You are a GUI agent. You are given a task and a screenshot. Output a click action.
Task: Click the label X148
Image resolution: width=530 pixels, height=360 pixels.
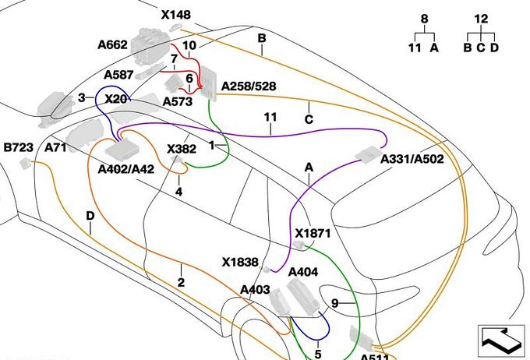[x=175, y=15]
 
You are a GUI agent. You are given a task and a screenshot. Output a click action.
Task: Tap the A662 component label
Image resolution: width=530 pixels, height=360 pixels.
[x=112, y=45]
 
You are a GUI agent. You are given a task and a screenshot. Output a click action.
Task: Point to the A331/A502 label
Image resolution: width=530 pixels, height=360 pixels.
[x=412, y=159]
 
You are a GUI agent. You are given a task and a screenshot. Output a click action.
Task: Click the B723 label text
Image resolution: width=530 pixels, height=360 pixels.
[x=19, y=147]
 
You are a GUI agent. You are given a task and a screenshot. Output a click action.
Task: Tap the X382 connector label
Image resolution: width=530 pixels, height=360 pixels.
[x=182, y=149]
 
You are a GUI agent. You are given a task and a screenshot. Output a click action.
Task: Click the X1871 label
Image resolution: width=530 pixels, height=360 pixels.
[x=313, y=233]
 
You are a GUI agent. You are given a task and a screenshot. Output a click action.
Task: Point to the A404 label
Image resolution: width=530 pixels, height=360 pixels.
[x=303, y=272]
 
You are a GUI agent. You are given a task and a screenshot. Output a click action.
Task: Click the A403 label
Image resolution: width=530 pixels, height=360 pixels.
[x=255, y=290]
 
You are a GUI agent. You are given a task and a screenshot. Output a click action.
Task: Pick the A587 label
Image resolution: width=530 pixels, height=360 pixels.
[x=119, y=75]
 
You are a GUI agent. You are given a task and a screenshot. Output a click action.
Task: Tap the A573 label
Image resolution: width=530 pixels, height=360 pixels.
[x=178, y=101]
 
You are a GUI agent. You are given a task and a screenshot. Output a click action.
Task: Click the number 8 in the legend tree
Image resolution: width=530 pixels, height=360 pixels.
[x=424, y=19]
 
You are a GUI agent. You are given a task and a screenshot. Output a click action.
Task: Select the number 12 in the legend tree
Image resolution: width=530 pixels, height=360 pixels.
[x=481, y=19]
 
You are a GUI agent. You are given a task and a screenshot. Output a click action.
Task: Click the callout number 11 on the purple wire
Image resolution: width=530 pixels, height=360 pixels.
[x=270, y=118]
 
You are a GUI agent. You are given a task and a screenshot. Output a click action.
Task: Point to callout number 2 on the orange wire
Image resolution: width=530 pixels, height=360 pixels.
[x=181, y=282]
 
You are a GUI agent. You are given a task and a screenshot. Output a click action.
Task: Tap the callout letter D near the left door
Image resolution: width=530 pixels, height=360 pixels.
[x=90, y=216]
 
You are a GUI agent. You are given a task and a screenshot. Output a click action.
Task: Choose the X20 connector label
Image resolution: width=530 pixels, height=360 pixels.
[x=115, y=99]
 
